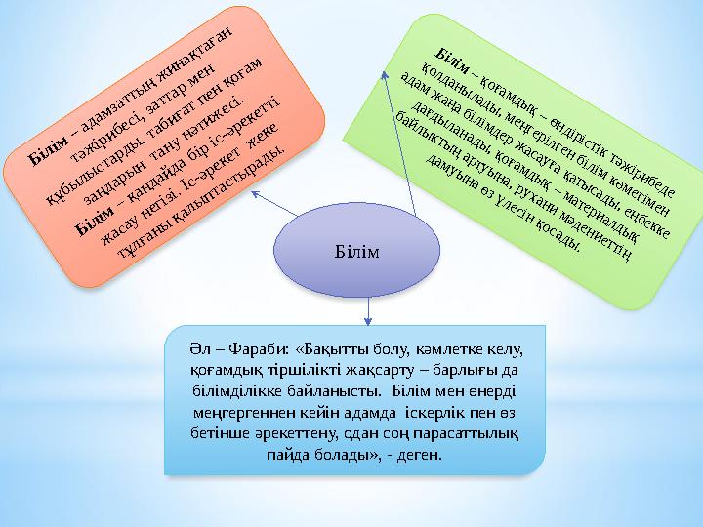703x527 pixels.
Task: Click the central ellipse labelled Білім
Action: [352, 253]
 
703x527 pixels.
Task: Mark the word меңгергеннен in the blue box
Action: [238, 411]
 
